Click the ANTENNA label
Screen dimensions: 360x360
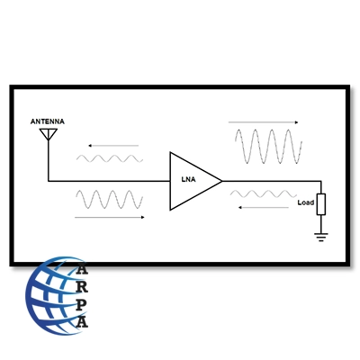48,121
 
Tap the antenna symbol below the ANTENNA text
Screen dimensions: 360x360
48,134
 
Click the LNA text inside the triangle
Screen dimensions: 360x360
188,179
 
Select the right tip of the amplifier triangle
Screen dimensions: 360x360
222,181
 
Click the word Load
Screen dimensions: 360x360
306,202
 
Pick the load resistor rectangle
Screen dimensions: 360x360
321,204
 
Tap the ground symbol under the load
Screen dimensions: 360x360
321,237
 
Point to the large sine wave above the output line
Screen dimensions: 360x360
268,147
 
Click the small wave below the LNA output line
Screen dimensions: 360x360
264,193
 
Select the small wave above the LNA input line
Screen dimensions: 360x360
110,158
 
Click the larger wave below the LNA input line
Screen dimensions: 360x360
109,199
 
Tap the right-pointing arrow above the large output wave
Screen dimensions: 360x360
264,122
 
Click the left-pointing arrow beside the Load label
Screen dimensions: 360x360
264,207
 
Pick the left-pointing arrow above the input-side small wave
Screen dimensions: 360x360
113,146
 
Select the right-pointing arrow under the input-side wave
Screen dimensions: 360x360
110,217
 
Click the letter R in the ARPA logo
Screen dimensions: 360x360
82,287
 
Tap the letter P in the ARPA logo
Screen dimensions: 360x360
81,304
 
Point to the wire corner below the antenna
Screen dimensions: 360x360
48,181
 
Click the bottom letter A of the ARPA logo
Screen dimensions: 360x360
82,321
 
